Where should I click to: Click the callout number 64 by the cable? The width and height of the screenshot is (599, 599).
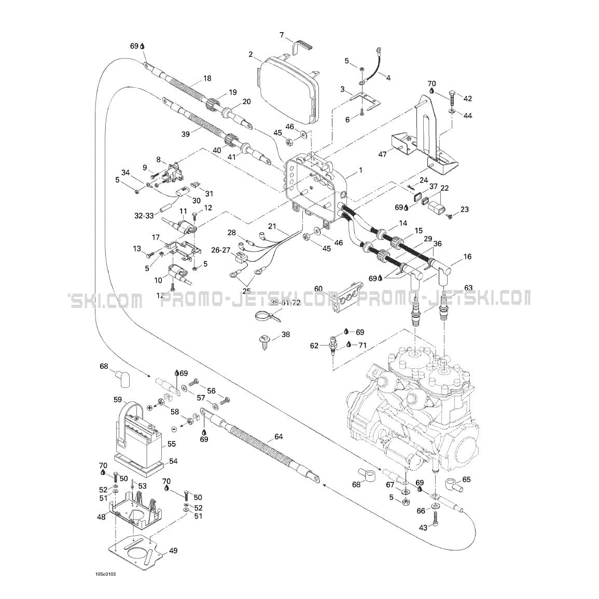pos(278,437)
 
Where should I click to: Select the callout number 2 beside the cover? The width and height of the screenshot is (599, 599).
pos(250,54)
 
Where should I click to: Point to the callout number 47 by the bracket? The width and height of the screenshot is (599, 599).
pos(383,155)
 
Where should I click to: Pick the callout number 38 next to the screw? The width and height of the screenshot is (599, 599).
pos(286,335)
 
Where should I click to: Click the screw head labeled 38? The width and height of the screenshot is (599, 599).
pos(262,340)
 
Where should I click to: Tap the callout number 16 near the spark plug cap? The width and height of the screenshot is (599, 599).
pos(467,257)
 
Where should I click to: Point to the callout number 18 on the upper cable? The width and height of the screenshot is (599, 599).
pos(207,78)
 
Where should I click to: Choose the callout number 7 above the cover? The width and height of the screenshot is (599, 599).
pos(282,35)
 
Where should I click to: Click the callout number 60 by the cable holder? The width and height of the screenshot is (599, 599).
pos(318,288)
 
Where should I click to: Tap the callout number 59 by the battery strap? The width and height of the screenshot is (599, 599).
pos(118,399)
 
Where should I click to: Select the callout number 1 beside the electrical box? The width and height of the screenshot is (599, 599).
pos(361,170)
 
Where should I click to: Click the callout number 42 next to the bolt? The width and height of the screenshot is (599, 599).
pos(468,98)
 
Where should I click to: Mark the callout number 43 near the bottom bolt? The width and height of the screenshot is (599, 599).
pos(423,527)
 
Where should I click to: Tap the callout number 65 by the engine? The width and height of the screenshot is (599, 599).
pos(467,480)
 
